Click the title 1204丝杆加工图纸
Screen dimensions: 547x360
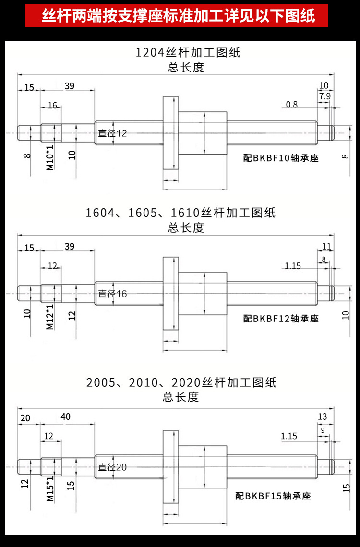pyautogui.click(x=188, y=52)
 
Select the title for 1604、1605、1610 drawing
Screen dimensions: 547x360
pyautogui.click(x=181, y=212)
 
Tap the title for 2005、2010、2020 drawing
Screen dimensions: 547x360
pyautogui.click(x=181, y=382)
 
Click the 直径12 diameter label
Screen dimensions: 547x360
pyautogui.click(x=112, y=133)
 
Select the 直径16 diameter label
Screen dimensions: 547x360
pyautogui.click(x=112, y=294)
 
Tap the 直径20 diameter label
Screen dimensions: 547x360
pyautogui.click(x=112, y=467)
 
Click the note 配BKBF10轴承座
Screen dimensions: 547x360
pyautogui.click(x=281, y=158)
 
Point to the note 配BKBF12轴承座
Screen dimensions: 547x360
pyautogui.click(x=281, y=318)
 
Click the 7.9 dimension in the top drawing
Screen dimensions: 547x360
pyautogui.click(x=324, y=96)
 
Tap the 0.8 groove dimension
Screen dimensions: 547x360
pyautogui.click(x=291, y=104)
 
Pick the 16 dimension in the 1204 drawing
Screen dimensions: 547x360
pyautogui.click(x=52, y=106)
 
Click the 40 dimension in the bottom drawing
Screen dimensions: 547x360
pyautogui.click(x=66, y=417)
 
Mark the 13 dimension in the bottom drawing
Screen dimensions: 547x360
pyautogui.click(x=322, y=416)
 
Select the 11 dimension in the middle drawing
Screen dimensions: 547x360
pyautogui.click(x=326, y=246)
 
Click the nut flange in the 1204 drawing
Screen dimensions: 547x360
pyautogui.click(x=170, y=132)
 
